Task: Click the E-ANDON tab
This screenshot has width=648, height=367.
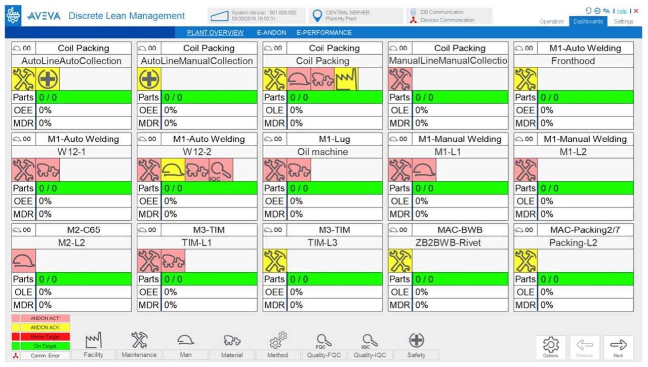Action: coord(271,33)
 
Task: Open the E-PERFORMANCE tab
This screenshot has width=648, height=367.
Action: coord(324,33)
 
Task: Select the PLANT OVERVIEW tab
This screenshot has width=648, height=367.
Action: coord(215,33)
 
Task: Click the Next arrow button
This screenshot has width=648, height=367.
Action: coord(618,348)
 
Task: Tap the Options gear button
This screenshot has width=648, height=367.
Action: coord(551,348)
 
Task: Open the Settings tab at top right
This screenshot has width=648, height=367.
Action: coord(623,21)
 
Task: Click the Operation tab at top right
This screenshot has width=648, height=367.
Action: coord(551,21)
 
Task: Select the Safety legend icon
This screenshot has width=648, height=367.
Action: coord(416,340)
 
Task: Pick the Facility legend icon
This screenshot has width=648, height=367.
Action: coord(93,340)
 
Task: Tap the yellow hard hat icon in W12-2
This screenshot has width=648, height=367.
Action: coord(173,170)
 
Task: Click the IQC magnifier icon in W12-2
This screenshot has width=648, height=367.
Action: coord(221,170)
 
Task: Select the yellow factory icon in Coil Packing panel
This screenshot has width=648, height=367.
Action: coord(346,79)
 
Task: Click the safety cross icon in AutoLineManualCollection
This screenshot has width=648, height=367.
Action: coord(149,79)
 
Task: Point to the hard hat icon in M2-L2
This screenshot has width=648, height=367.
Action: coord(24,261)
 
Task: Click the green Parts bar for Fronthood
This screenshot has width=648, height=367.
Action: coord(586,97)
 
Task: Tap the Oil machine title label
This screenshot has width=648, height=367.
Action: coord(322,152)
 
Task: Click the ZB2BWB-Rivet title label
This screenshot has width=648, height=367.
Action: coord(448,243)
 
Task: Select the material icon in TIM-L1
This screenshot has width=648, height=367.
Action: coord(173,261)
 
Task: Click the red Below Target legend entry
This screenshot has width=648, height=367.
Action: coord(45,337)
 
